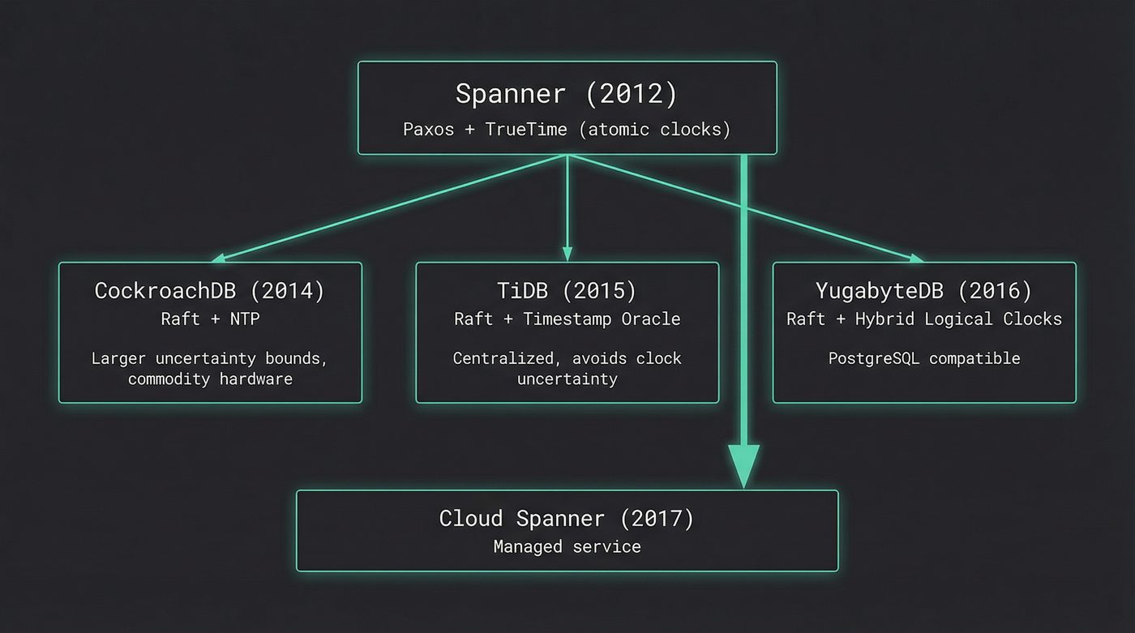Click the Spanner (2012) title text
(566, 94)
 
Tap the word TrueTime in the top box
(526, 130)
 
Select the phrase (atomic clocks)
(654, 130)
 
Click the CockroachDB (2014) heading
(210, 291)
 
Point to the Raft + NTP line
(210, 319)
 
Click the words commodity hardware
(210, 379)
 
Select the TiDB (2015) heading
(567, 291)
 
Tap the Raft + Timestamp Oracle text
(567, 319)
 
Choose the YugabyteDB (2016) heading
(923, 291)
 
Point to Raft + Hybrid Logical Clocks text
(923, 319)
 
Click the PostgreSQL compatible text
(923, 358)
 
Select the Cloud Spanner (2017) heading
(567, 519)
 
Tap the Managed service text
(567, 547)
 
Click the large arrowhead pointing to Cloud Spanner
(743, 466)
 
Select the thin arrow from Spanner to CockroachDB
(389, 207)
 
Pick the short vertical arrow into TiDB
(567, 211)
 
